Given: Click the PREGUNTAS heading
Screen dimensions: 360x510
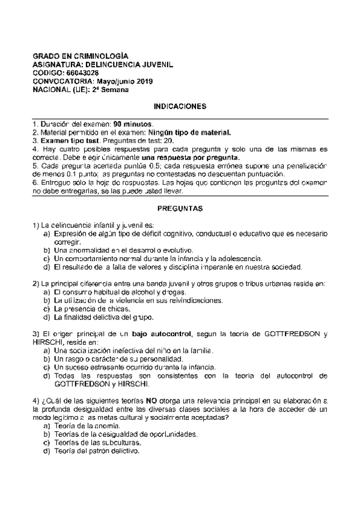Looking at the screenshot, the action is pos(180,209).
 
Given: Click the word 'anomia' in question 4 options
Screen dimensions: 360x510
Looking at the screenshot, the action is pos(99,425).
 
